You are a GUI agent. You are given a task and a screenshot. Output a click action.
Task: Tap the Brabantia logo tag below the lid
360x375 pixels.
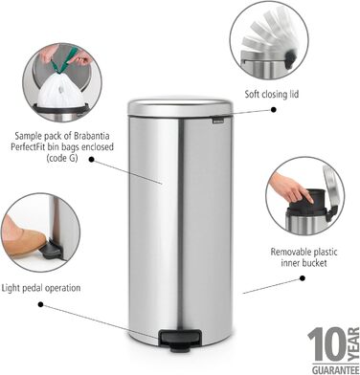click(x=218, y=121)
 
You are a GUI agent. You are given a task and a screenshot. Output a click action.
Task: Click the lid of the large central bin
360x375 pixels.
click(x=180, y=107)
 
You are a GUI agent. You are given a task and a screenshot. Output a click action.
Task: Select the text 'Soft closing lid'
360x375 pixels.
click(x=272, y=95)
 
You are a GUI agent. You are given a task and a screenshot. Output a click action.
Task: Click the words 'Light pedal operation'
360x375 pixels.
click(x=41, y=288)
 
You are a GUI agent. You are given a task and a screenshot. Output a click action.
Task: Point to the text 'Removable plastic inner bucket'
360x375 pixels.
click(x=304, y=257)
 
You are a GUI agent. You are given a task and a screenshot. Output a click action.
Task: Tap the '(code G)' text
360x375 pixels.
click(x=62, y=158)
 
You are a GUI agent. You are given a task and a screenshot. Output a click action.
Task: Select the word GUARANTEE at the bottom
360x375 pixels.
click(x=335, y=370)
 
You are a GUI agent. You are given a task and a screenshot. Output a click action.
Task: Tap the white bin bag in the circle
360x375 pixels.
click(x=61, y=90)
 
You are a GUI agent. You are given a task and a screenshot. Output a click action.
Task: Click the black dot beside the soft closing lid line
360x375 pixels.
click(x=274, y=110)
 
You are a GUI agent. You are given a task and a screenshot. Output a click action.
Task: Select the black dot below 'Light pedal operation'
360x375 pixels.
click(x=40, y=304)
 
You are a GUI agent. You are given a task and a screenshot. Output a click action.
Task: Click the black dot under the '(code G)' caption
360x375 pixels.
click(x=92, y=159)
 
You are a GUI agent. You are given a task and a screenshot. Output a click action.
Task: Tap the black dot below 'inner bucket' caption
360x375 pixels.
click(x=303, y=278)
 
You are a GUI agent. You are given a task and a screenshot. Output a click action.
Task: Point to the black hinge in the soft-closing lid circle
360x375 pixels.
click(x=290, y=58)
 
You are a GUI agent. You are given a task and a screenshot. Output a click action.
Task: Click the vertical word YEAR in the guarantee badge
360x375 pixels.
click(x=353, y=344)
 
